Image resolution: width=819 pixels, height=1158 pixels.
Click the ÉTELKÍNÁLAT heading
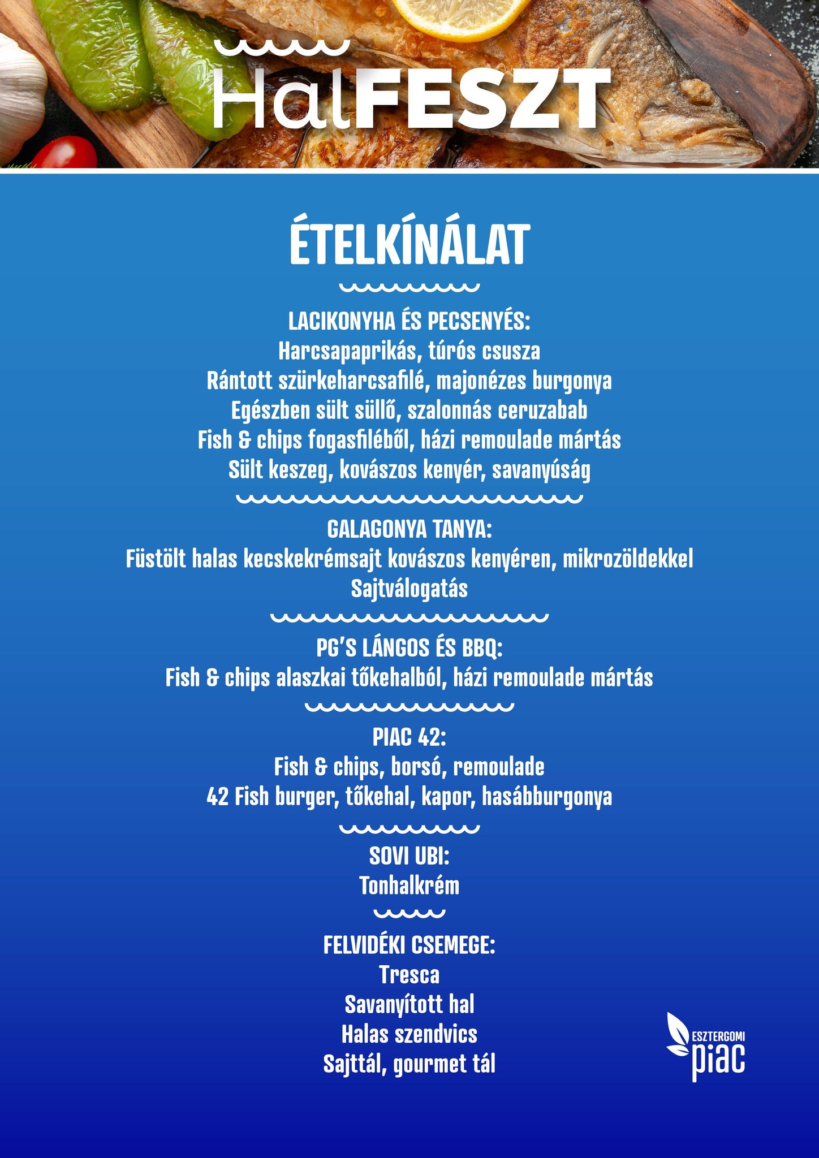point(409,245)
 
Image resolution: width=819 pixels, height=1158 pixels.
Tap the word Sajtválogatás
point(409,589)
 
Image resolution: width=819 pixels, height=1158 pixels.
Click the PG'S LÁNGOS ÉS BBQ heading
point(409,648)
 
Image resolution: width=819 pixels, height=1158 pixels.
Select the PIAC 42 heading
point(409,737)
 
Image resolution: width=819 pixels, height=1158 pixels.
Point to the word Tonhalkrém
point(409,886)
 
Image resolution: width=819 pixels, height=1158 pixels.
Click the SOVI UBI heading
point(409,856)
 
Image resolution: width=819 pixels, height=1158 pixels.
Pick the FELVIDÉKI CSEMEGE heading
point(409,945)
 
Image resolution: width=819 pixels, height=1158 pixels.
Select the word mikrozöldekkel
point(628,560)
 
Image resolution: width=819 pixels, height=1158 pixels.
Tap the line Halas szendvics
point(409,1034)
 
